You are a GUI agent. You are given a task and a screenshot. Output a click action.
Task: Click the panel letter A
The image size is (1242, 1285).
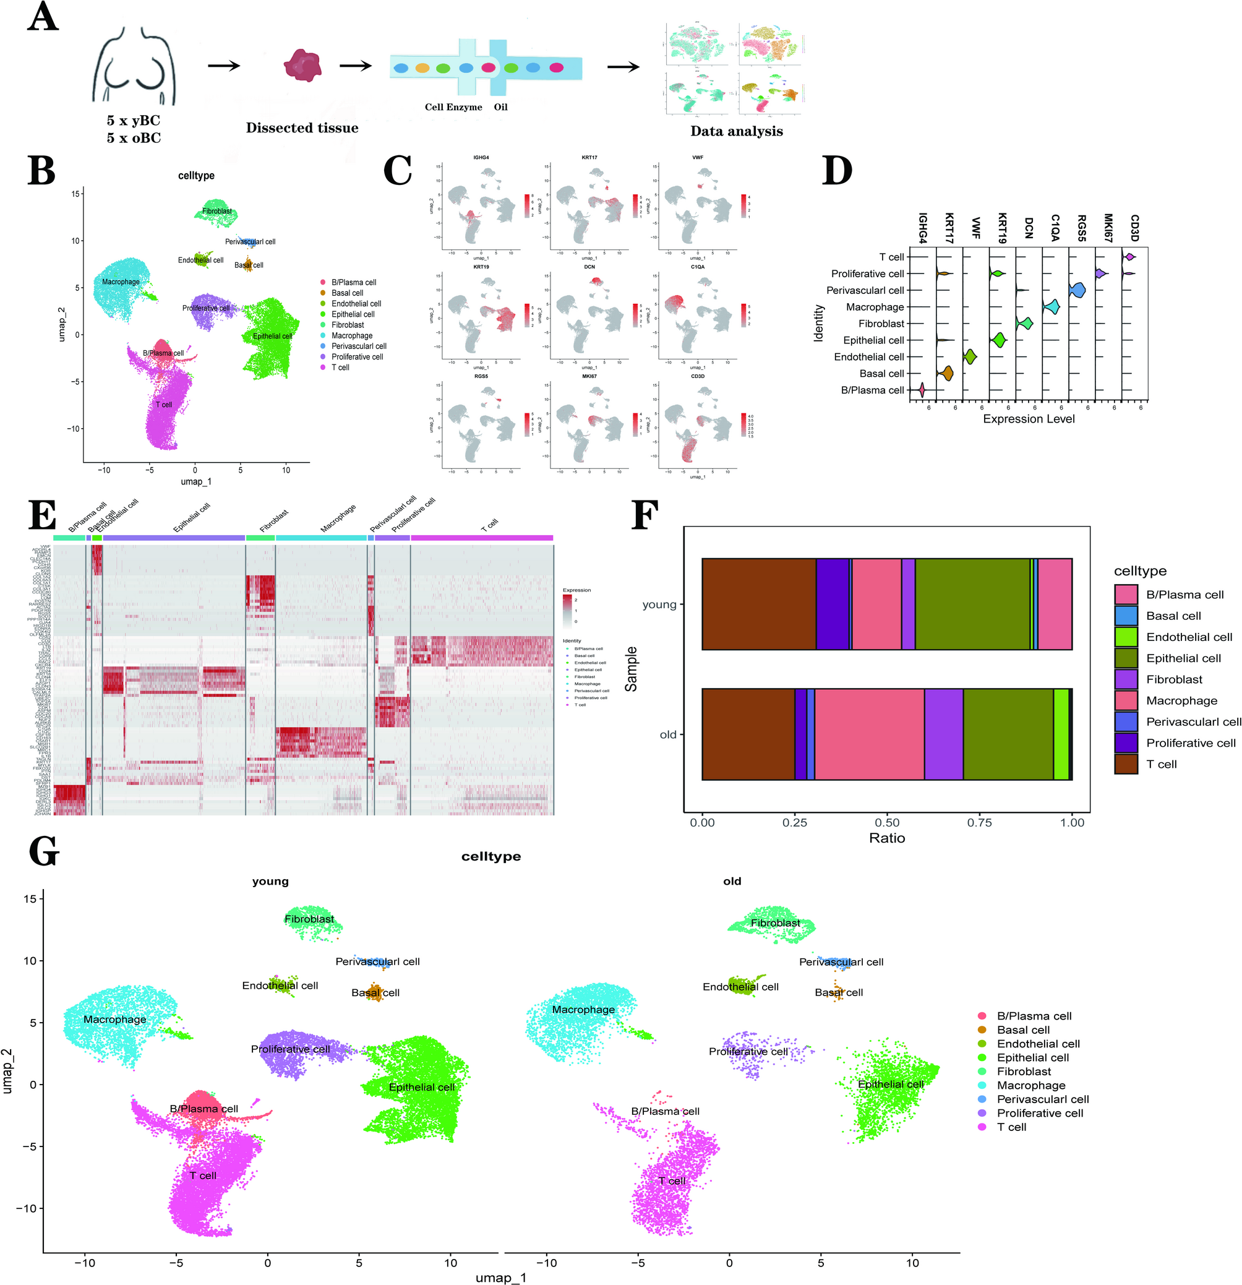pos(43,19)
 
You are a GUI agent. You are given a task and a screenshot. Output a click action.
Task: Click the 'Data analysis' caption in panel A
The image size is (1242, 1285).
pos(736,131)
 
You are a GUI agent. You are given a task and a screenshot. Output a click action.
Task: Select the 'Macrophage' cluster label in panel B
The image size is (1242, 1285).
pos(121,282)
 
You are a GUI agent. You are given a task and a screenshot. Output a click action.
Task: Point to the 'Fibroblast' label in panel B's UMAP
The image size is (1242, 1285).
pos(217,211)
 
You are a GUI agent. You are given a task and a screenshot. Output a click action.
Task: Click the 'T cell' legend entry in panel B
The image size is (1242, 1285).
pos(340,367)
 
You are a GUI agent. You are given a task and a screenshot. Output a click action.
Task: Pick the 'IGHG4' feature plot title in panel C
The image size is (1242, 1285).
pos(481,158)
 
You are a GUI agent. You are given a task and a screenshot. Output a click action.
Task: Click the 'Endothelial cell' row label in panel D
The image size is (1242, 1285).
pos(868,356)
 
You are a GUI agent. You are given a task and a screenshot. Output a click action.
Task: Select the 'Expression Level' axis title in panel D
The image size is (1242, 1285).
pos(1029,419)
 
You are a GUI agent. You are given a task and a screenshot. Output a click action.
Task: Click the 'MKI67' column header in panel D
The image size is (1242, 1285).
pos(1108,228)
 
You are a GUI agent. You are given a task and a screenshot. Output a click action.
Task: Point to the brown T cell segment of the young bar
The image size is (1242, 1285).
pos(758,604)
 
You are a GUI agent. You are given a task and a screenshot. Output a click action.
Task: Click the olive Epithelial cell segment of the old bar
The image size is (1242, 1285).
pos(1008,734)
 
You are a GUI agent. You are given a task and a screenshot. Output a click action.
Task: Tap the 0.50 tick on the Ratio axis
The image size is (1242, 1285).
pos(887,822)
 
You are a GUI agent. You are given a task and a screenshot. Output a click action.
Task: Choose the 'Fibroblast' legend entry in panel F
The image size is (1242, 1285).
pos(1174,679)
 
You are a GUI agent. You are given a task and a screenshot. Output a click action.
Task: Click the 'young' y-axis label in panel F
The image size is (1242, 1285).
pos(659,604)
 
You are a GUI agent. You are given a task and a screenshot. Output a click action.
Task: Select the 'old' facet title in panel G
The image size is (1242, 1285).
pos(732,881)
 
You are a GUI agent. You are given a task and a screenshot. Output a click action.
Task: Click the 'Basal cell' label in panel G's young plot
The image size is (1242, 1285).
pos(375,992)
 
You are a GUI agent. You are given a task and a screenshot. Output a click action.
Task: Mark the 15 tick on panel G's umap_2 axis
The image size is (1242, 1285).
pos(30,899)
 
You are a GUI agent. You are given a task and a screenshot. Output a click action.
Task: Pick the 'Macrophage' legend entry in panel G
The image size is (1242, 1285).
pos(1031,1085)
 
